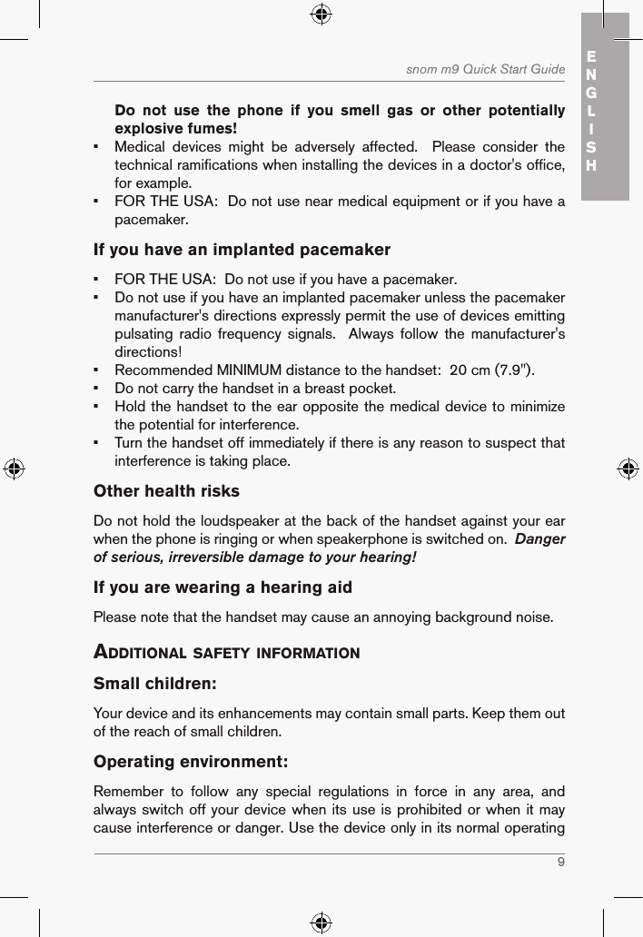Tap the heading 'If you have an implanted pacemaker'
tap(242, 250)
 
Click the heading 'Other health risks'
tap(167, 491)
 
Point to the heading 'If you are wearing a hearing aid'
tap(223, 588)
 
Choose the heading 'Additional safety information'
tap(227, 653)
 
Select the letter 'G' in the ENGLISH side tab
tap(591, 93)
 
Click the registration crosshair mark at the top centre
tap(321, 14)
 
